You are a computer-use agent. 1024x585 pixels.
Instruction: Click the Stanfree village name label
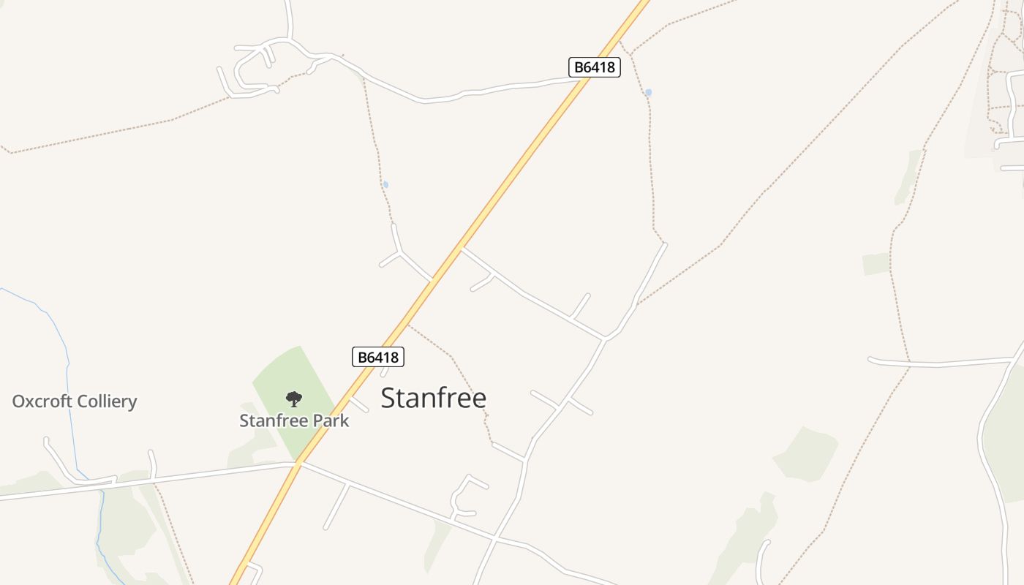pyautogui.click(x=433, y=399)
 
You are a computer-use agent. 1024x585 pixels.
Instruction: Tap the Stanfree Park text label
pyautogui.click(x=294, y=420)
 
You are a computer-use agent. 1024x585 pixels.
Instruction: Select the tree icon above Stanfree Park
pyautogui.click(x=293, y=399)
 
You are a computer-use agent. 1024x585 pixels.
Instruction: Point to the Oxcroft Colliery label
pyautogui.click(x=75, y=401)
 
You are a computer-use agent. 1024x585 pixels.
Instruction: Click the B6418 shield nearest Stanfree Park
pyautogui.click(x=377, y=357)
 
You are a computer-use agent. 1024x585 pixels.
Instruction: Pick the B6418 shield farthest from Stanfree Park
pyautogui.click(x=594, y=67)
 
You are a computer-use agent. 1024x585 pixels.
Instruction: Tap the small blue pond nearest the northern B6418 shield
pyautogui.click(x=648, y=93)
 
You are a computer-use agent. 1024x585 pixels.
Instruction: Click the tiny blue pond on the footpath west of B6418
pyautogui.click(x=385, y=184)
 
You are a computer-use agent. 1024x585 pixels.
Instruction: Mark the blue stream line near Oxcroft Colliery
pyautogui.click(x=67, y=380)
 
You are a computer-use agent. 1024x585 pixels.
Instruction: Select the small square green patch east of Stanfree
pyautogui.click(x=876, y=264)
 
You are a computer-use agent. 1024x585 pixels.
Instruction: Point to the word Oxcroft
pyautogui.click(x=42, y=401)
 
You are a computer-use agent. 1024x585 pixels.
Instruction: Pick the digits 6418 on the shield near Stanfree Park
pyautogui.click(x=384, y=357)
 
